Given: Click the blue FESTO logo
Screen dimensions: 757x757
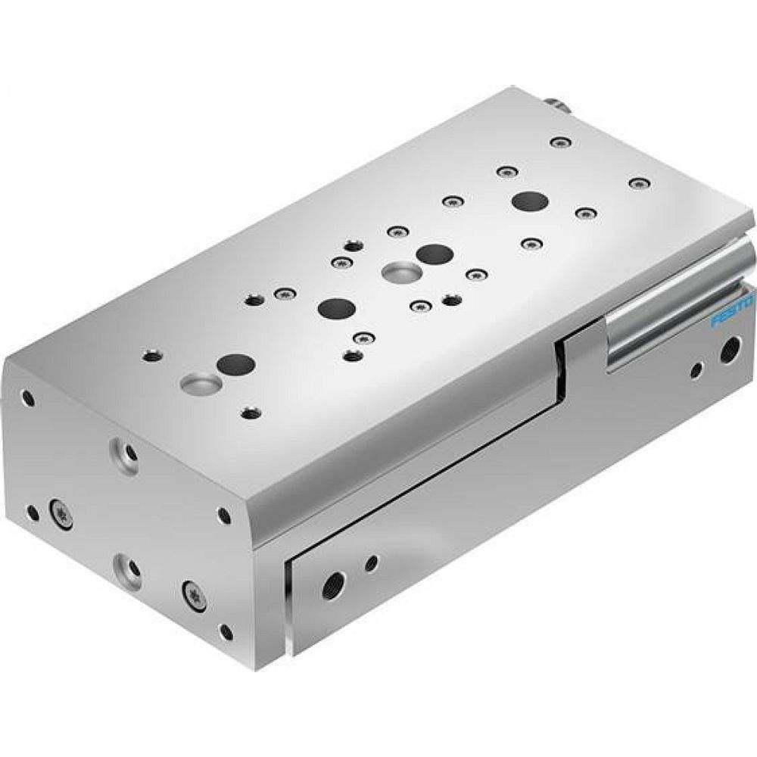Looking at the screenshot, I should click(x=731, y=312).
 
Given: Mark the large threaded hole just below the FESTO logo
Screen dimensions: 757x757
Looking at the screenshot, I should click(x=728, y=350).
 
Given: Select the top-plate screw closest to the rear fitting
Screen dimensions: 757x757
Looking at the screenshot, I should click(x=559, y=142).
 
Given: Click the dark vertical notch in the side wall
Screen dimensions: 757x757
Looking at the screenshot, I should click(x=561, y=371).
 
